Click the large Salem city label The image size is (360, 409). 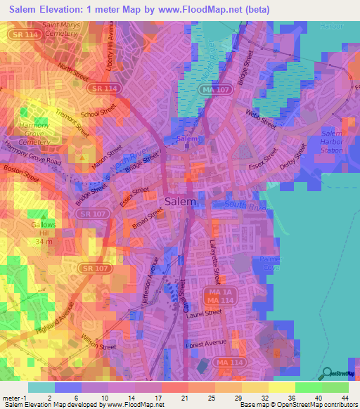[180, 201]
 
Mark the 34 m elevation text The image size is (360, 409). [44, 241]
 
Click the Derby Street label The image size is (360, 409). [294, 159]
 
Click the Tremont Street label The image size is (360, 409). [73, 121]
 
